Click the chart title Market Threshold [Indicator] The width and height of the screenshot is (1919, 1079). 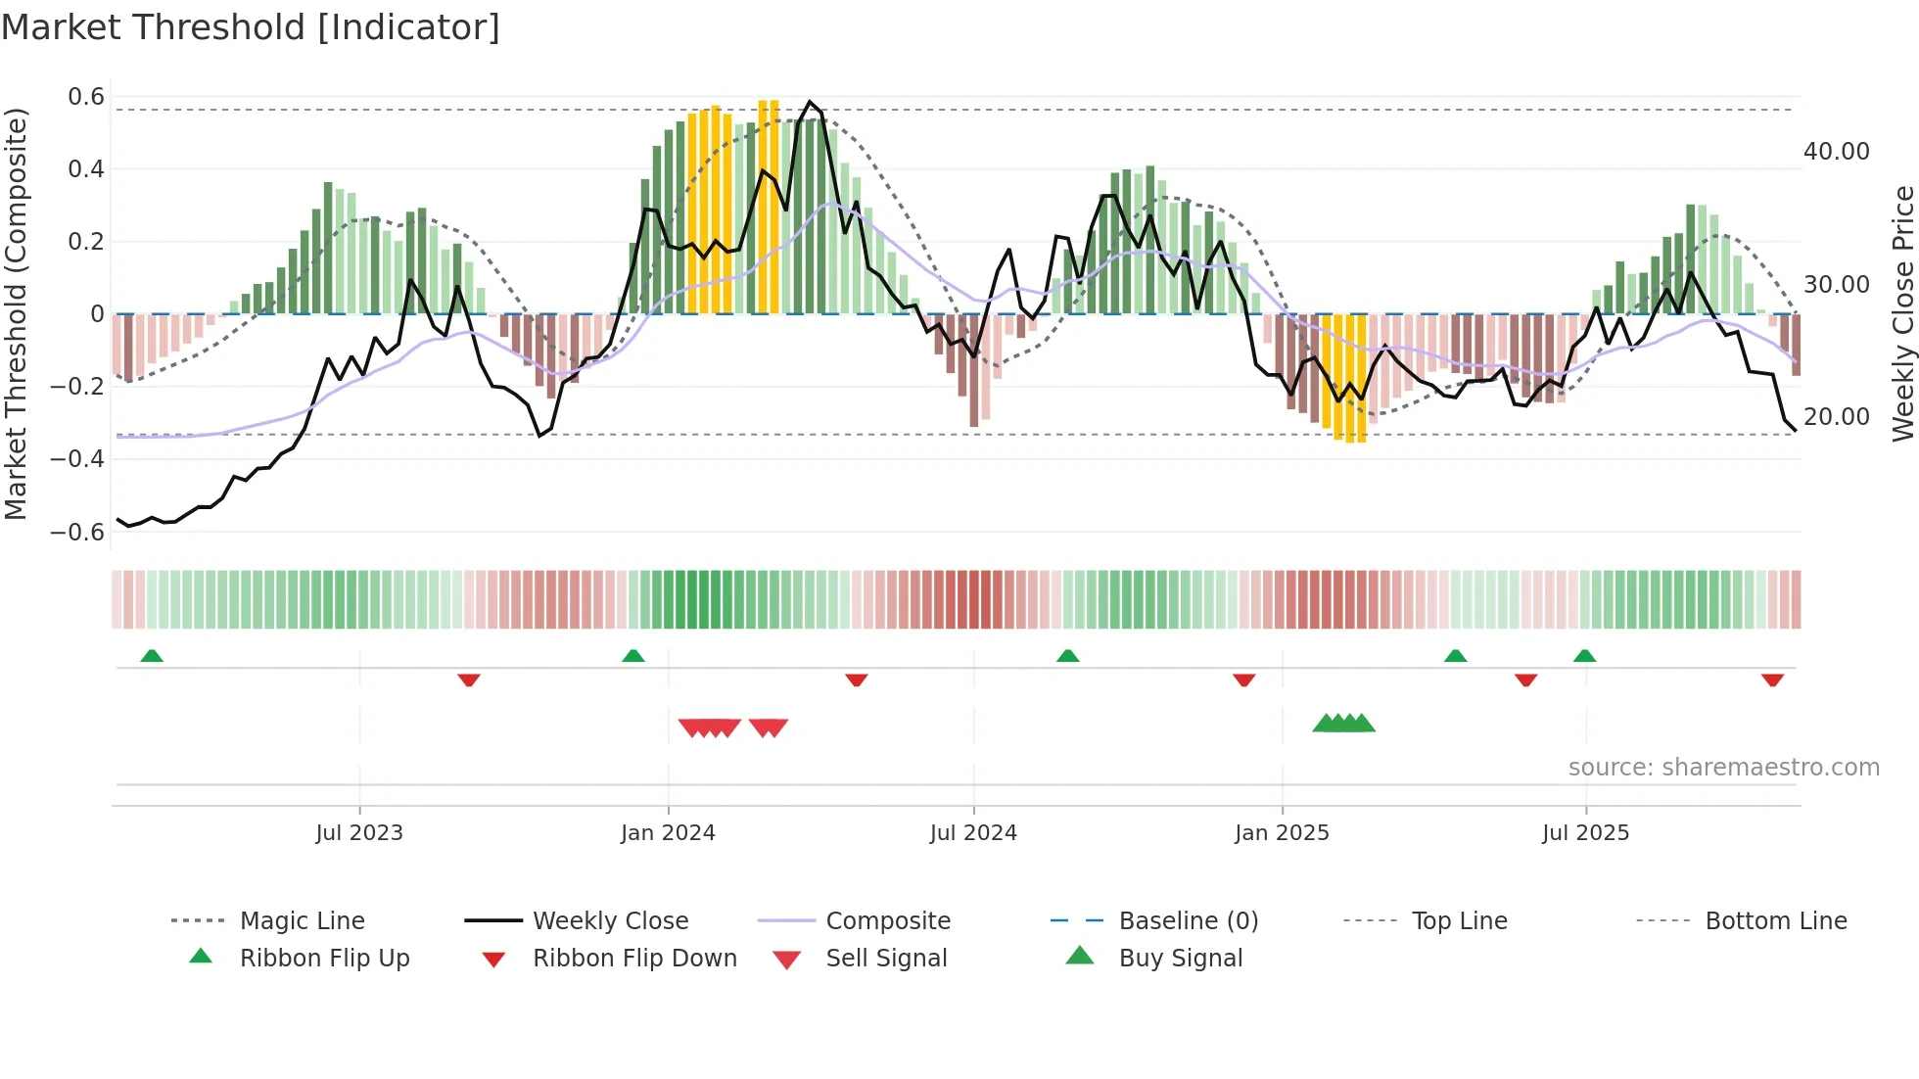[x=251, y=27]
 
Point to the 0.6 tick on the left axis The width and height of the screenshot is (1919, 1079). [x=86, y=97]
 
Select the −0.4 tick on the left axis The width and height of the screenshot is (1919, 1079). [x=78, y=459]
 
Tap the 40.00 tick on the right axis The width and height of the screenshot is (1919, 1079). [x=1836, y=152]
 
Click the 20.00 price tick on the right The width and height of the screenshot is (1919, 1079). [x=1836, y=417]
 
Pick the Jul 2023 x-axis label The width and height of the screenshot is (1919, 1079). [x=359, y=833]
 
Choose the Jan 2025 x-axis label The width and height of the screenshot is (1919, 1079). [x=1282, y=833]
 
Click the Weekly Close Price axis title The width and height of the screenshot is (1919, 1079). [x=1902, y=313]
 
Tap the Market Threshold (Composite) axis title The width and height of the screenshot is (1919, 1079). [x=16, y=313]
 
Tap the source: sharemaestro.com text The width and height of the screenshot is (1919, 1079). [x=1723, y=768]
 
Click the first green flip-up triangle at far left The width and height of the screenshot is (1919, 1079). [x=152, y=656]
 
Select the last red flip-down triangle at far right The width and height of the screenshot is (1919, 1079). [x=1772, y=680]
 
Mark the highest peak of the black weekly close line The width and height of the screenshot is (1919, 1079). [x=810, y=102]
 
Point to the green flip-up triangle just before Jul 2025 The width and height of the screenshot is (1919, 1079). [x=1584, y=656]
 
